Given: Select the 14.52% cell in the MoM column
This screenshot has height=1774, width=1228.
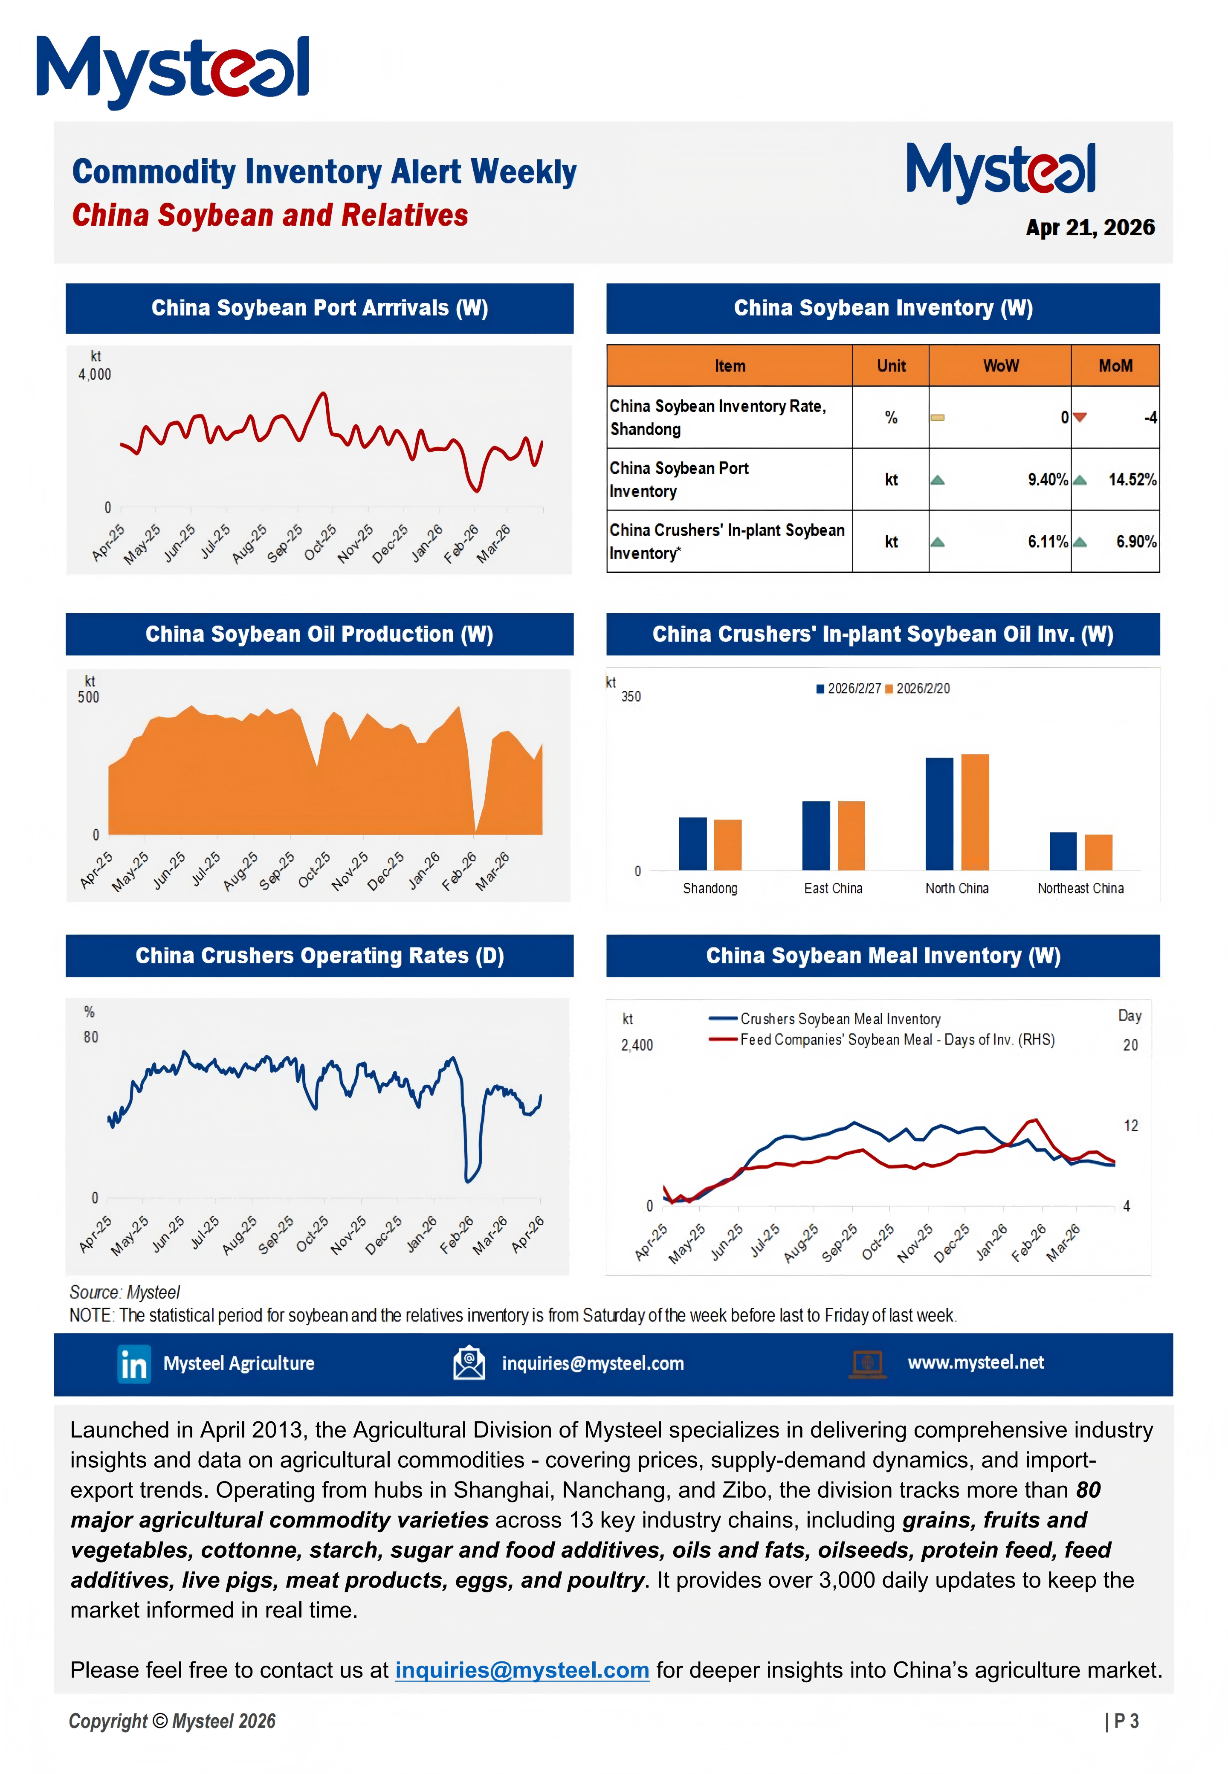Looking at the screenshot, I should pos(1132,480).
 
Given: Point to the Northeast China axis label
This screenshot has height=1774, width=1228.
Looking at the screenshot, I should pos(1080,889).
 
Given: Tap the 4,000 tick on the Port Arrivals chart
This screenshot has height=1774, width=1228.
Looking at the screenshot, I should pos(95,375).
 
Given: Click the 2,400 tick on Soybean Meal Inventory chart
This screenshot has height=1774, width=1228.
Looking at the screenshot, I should pos(637,1046).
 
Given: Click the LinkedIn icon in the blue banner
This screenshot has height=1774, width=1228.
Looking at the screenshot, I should pos(134,1365).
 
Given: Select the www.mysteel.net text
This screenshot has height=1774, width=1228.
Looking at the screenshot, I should pos(976,1363).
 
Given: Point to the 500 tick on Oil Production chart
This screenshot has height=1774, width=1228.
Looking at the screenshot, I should pos(89,698).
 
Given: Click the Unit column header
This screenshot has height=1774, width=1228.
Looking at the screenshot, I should pos(891,366).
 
